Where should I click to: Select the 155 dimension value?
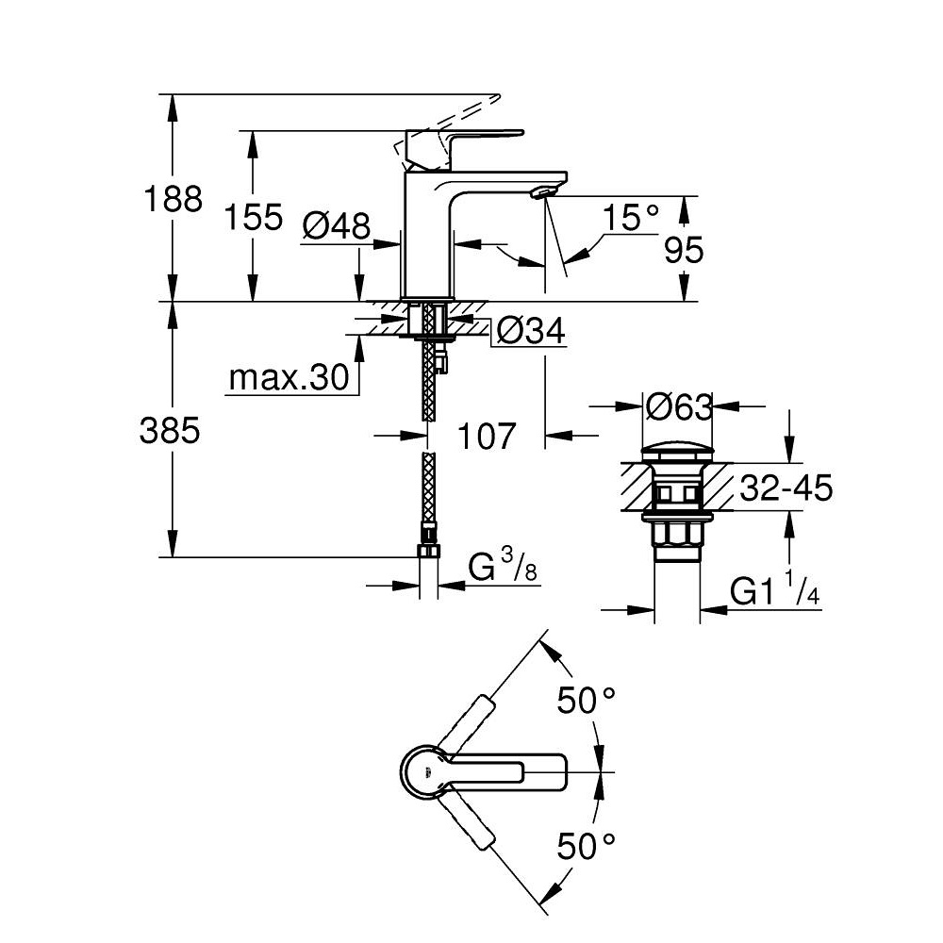254,218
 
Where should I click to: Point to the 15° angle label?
631,219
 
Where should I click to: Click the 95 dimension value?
684,250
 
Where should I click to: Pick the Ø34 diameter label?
530,331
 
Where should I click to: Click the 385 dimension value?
170,431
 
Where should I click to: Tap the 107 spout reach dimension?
488,436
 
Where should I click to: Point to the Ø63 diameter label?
678,407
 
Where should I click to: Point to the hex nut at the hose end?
429,552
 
